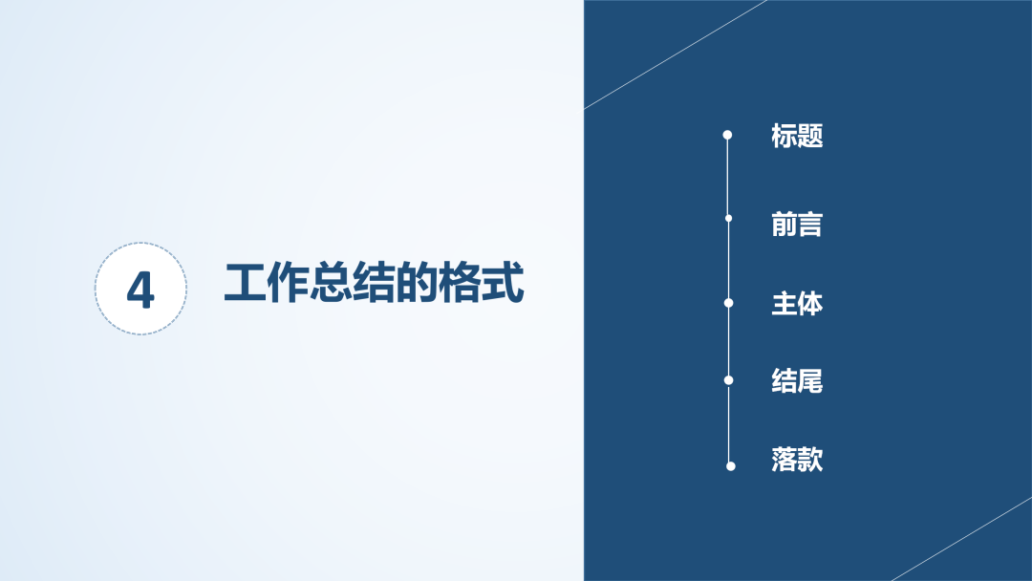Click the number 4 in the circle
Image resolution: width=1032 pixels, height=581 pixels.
tap(140, 290)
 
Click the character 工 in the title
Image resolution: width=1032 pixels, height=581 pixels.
tap(245, 283)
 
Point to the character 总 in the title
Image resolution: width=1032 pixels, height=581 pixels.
tap(331, 283)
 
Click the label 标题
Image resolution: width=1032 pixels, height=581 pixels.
tap(797, 136)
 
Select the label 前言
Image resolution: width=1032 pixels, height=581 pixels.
tap(797, 225)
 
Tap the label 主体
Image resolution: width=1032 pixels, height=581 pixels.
tap(797, 304)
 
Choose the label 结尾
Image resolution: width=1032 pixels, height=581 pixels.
tap(797, 381)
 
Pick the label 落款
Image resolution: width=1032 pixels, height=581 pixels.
tap(797, 460)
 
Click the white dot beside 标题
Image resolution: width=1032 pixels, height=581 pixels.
tap(727, 135)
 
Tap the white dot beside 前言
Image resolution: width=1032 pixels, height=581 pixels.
tap(728, 219)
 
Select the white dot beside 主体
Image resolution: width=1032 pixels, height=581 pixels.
tap(728, 303)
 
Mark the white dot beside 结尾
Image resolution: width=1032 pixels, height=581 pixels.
tap(728, 379)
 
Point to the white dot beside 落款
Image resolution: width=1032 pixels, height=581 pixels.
tap(731, 466)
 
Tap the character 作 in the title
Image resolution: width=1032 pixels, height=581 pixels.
tap(288, 283)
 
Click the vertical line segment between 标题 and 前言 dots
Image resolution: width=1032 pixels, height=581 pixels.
tap(728, 177)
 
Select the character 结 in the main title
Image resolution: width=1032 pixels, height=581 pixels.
tap(374, 283)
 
